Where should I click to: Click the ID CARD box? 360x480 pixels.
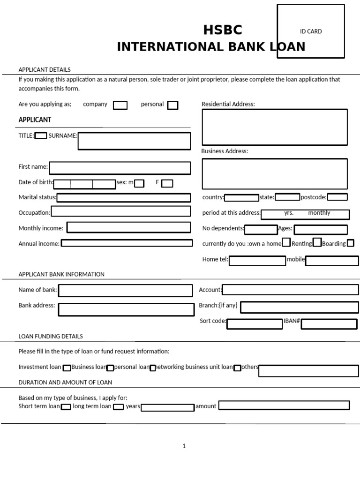pyautogui.click(x=311, y=31)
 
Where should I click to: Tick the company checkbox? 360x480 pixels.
pyautogui.click(x=120, y=105)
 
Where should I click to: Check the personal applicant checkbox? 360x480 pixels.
pyautogui.click(x=172, y=105)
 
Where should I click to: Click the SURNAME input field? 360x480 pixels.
pyautogui.click(x=134, y=141)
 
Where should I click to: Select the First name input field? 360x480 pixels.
pyautogui.click(x=120, y=168)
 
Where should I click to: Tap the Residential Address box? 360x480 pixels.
pyautogui.click(x=275, y=127)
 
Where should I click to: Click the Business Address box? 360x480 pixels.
pyautogui.click(x=275, y=173)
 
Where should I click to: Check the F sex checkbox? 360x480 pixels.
pyautogui.click(x=167, y=183)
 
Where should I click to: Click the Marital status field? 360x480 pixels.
pyautogui.click(x=124, y=198)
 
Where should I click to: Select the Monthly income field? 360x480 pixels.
pyautogui.click(x=129, y=228)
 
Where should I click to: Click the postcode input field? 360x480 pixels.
pyautogui.click(x=337, y=197)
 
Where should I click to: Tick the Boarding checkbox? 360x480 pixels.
pyautogui.click(x=350, y=243)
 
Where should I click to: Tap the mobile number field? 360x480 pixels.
pyautogui.click(x=332, y=261)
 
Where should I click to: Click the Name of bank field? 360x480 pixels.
pyautogui.click(x=125, y=291)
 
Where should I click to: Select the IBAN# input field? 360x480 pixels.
pyautogui.click(x=329, y=323)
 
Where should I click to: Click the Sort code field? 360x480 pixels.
pyautogui.click(x=255, y=323)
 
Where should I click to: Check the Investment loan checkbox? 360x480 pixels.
pyautogui.click(x=67, y=368)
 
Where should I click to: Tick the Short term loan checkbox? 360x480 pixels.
pyautogui.click(x=66, y=407)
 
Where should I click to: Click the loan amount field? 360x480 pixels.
pyautogui.click(x=284, y=405)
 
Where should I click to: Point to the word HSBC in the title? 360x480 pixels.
pyautogui.click(x=223, y=30)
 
